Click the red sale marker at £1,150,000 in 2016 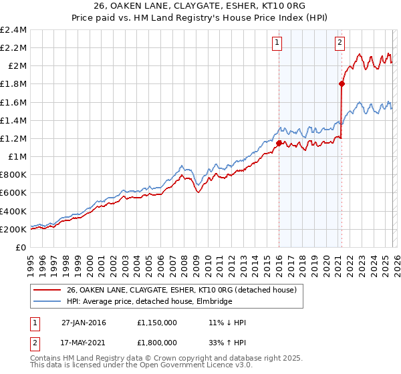(279, 142)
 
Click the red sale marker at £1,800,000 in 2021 (342, 83)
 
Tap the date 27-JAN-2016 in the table (84, 323)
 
